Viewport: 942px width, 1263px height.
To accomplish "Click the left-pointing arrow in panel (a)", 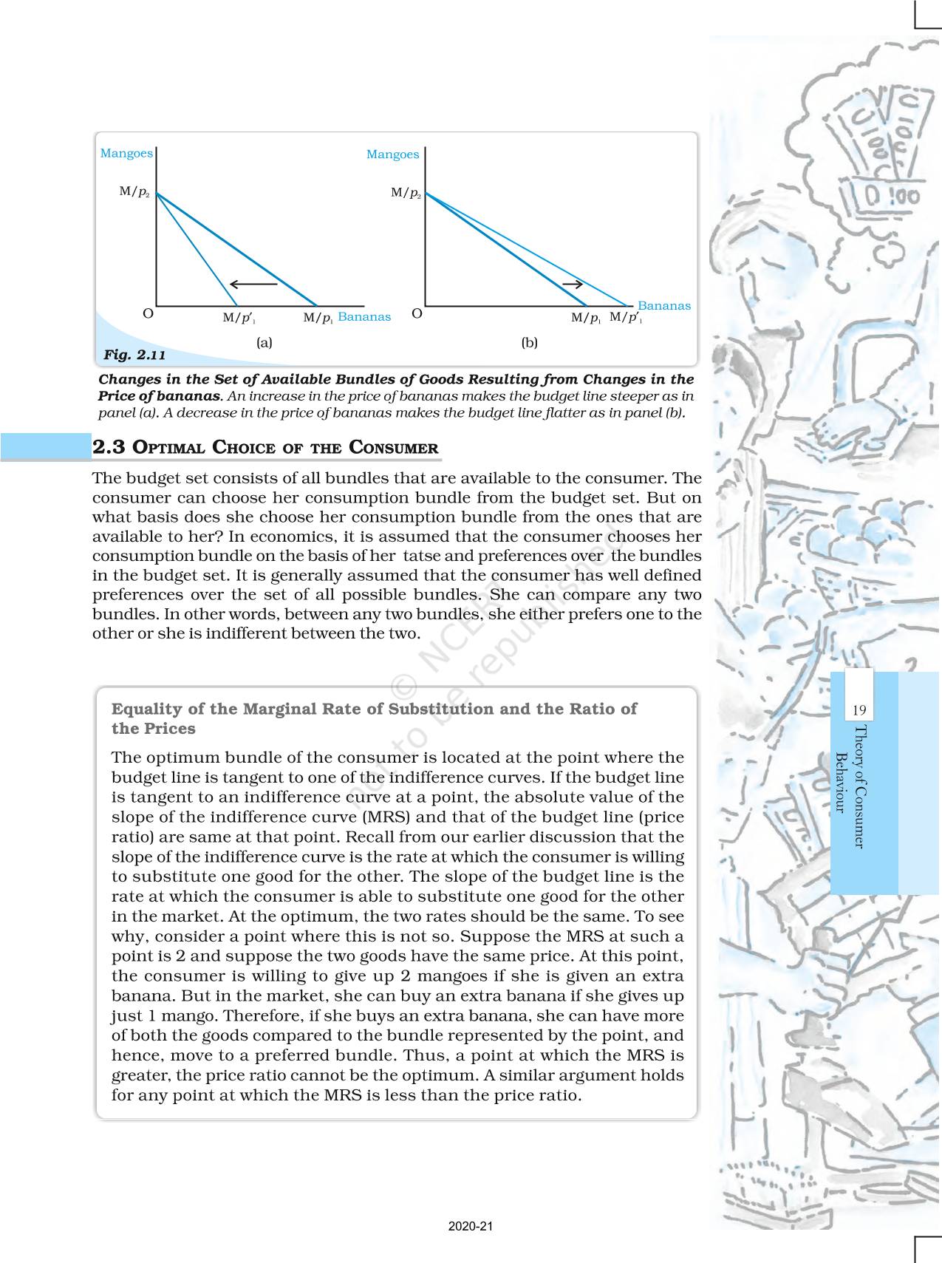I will tap(253, 283).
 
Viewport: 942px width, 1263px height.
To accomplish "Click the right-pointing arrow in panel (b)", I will tap(573, 284).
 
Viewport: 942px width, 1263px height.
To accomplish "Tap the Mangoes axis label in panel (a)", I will tap(126, 154).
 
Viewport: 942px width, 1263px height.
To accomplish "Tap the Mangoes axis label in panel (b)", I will tap(392, 154).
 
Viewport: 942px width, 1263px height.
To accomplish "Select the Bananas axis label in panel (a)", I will tap(364, 317).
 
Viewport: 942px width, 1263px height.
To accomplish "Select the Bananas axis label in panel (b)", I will tap(663, 306).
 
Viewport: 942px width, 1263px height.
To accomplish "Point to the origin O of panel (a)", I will tap(148, 314).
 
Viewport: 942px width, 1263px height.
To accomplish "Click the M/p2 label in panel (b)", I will tap(406, 194).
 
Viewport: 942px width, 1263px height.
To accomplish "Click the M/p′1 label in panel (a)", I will tap(239, 319).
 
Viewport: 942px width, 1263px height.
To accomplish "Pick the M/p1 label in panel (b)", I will tap(586, 319).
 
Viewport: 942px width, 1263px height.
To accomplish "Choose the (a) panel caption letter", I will tap(264, 343).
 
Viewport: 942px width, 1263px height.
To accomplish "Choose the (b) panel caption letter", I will tap(529, 343).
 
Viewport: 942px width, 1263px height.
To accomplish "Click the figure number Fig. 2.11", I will tap(134, 355).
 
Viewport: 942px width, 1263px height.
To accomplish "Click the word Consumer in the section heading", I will tap(393, 448).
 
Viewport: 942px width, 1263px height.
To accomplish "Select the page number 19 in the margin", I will tap(859, 710).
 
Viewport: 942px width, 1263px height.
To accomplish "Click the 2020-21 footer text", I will tap(471, 1227).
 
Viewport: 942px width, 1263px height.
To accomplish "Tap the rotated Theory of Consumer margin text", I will tap(859, 786).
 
